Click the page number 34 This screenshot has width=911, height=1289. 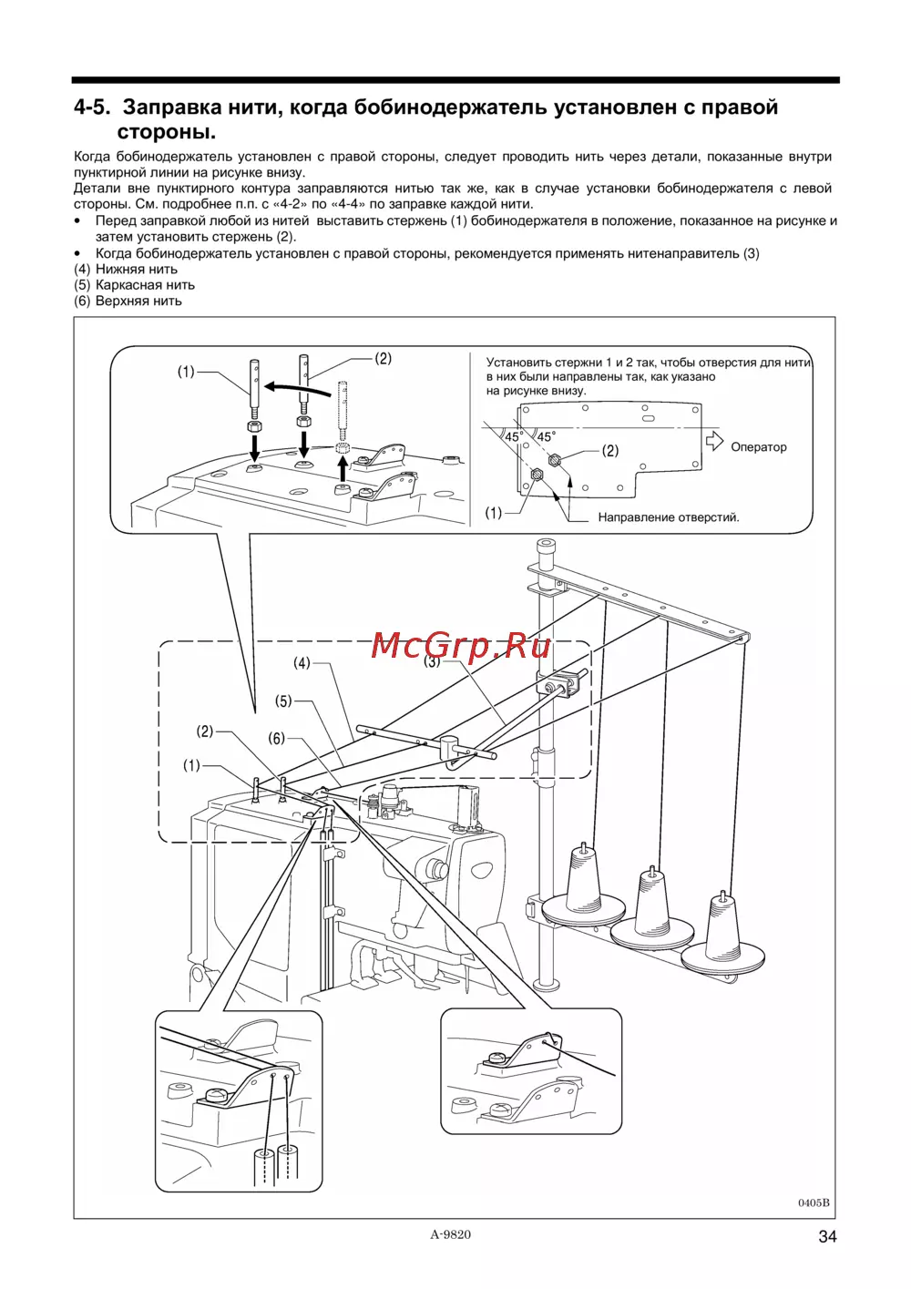point(826,1236)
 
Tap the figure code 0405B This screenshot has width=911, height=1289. point(814,1202)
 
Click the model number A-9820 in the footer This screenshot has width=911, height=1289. point(451,1234)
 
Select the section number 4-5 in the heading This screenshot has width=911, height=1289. point(91,107)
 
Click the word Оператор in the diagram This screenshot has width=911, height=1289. point(758,447)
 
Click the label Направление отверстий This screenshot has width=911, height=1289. point(668,517)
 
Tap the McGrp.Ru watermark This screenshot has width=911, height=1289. point(461,645)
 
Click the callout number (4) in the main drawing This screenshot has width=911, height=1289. point(302,663)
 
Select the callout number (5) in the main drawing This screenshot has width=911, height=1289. point(284,701)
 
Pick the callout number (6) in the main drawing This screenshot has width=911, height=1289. point(276,739)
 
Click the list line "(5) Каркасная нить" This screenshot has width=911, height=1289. point(134,285)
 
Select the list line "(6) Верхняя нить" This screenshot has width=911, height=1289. point(128,301)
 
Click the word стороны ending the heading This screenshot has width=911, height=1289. point(166,132)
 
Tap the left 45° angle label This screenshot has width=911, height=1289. point(514,438)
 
